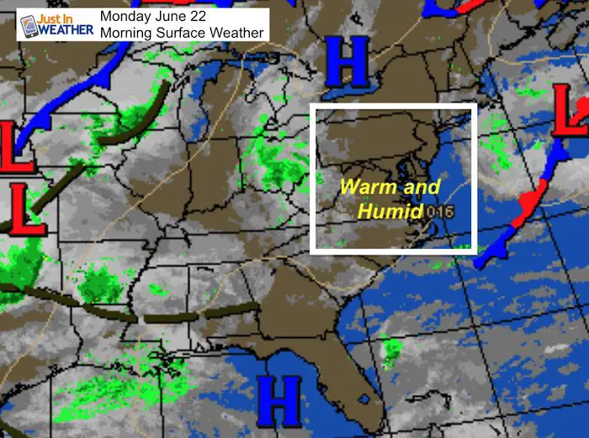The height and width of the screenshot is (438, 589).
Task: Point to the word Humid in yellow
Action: [388, 210]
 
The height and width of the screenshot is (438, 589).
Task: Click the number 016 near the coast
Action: [438, 211]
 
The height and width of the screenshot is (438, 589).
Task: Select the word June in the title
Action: [174, 16]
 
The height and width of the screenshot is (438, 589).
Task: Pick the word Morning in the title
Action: [126, 32]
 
